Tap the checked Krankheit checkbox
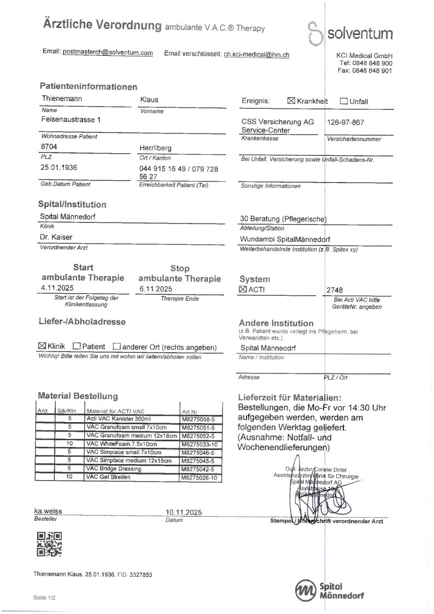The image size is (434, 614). [x=291, y=101]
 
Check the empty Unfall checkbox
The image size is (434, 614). [x=344, y=101]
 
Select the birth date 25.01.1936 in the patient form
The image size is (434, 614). [x=59, y=167]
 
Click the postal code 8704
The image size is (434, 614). [x=49, y=147]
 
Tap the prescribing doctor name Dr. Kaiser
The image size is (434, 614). [x=56, y=237]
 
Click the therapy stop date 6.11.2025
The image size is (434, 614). [x=156, y=289]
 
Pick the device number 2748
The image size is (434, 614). [x=335, y=290]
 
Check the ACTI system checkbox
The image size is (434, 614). [x=243, y=289]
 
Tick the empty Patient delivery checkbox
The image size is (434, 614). [x=77, y=346]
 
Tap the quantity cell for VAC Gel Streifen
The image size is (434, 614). [x=69, y=477]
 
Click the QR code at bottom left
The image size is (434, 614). [x=49, y=544]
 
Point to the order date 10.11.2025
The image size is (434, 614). [x=184, y=512]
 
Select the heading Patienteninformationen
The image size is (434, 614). [x=89, y=87]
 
